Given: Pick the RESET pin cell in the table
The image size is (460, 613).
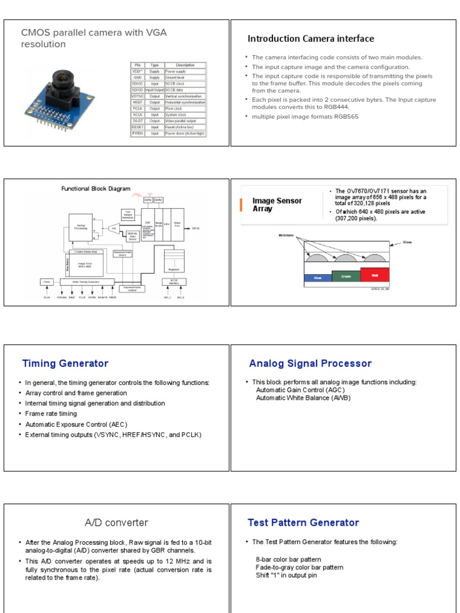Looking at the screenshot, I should tap(137, 127).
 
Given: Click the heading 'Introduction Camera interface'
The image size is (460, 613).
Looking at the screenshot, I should tap(310, 39).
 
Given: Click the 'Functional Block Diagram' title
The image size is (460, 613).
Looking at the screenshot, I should tap(96, 189).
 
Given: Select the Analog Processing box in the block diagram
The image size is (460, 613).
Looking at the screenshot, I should tap(80, 227).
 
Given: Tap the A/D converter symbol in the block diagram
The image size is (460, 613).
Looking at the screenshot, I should tap(113, 227).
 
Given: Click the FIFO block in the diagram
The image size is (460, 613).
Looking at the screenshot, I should tap(167, 224).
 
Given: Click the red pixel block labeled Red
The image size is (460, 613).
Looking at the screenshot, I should tap(374, 274).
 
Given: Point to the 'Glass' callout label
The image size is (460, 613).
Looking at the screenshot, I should tap(407, 242).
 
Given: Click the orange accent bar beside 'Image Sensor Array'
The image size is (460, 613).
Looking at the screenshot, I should tap(241, 205).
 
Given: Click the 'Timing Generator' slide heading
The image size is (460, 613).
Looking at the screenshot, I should tap(65, 363).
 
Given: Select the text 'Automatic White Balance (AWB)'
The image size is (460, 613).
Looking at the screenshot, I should tap(303, 397).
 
